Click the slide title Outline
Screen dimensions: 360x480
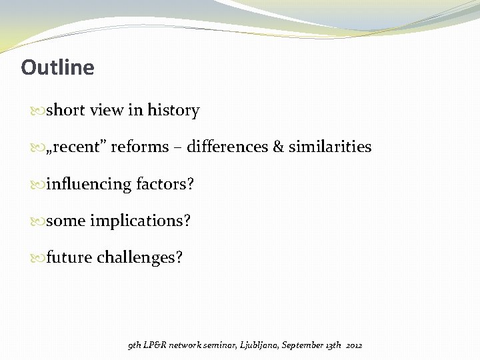[x=57, y=67]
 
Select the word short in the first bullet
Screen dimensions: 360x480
[x=65, y=110]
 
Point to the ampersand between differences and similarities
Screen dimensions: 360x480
[x=278, y=147]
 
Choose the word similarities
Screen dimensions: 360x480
[x=330, y=147]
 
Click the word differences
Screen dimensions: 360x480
[x=227, y=147]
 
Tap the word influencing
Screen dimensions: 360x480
[x=89, y=183]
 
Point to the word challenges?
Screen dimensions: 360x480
[x=139, y=257]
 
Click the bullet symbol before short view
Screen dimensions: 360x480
[x=39, y=111]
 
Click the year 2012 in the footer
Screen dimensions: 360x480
[x=354, y=345]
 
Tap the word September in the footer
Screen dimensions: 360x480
[x=303, y=345]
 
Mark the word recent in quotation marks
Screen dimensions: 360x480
[x=79, y=147]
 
